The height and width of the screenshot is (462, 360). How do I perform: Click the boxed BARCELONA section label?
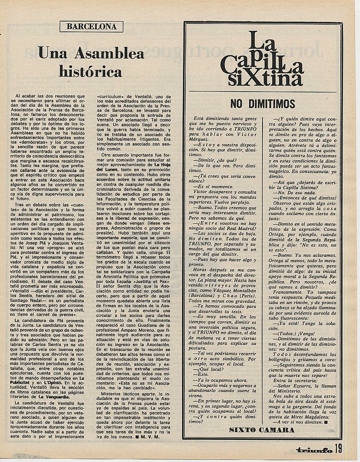point(91,26)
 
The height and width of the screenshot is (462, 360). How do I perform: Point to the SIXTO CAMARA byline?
point(262,430)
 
